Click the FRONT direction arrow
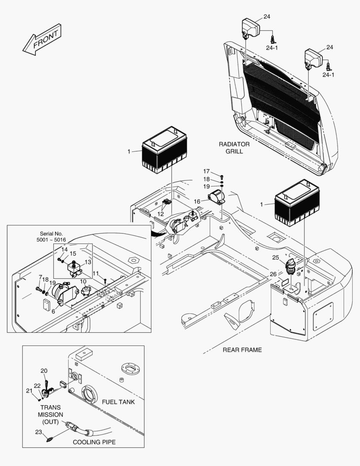pos(42,39)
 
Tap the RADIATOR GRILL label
pos(234,148)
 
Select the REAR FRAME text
pos(242,349)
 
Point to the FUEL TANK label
pos(118,402)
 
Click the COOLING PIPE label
pos(94,442)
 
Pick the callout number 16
pos(197,201)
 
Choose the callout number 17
pos(206,171)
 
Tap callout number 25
pos(275,258)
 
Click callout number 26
pos(273,274)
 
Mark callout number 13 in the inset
pos(88,262)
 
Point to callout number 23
pos(38,431)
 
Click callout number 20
pos(44,371)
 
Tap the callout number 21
pos(29,390)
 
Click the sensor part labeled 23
pos(50,440)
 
